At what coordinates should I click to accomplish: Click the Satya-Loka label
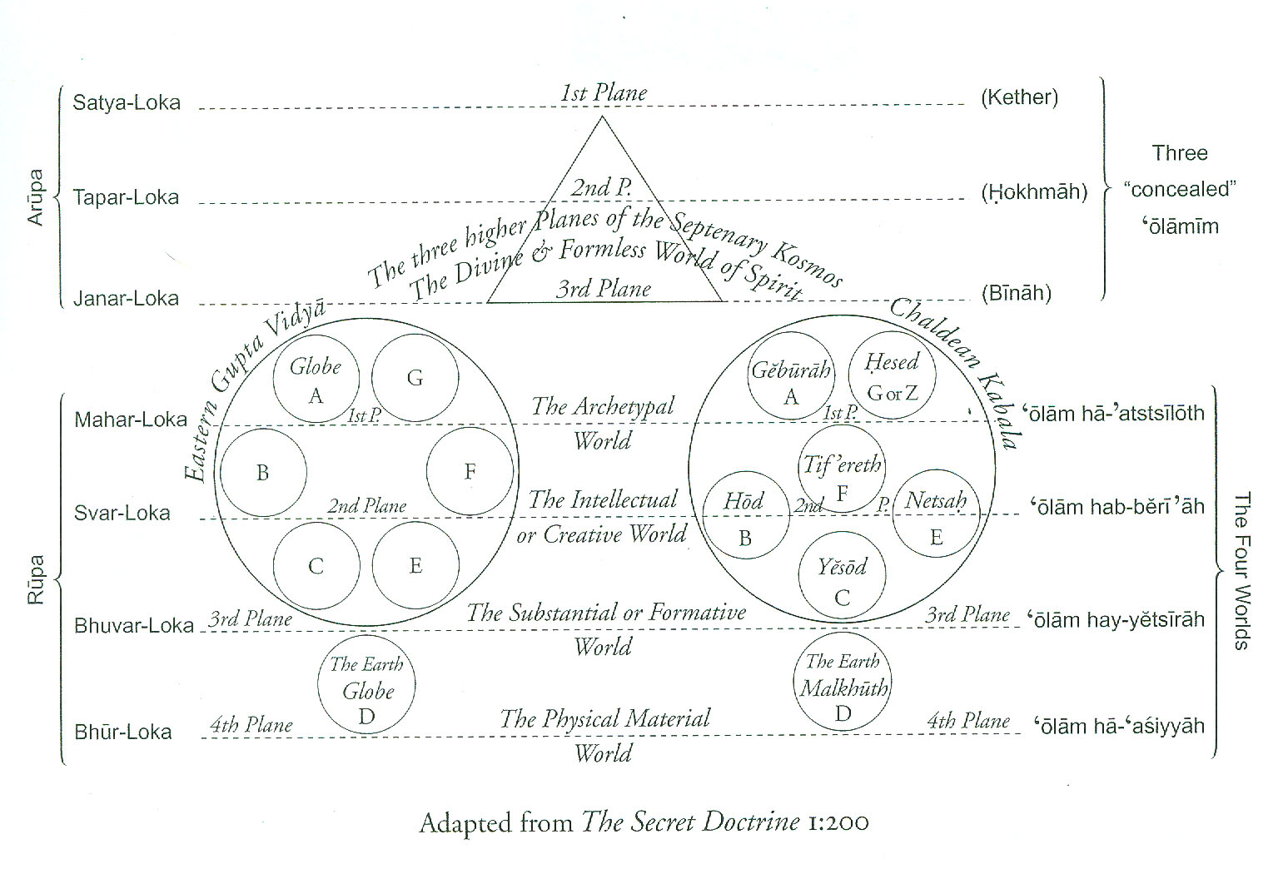tap(127, 103)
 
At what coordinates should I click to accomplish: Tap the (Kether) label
tap(1019, 97)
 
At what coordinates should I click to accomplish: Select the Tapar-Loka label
tap(126, 198)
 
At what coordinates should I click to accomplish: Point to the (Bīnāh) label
tap(1016, 293)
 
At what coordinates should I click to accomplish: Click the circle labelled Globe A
tap(316, 379)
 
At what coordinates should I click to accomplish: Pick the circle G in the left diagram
tap(415, 379)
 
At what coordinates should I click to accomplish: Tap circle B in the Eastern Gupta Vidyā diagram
tap(263, 473)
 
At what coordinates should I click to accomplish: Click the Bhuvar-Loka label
tap(134, 626)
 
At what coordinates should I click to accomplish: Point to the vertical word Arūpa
tap(36, 197)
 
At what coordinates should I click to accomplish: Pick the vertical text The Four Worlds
tap(1241, 571)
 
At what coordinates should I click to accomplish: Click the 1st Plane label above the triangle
tap(604, 93)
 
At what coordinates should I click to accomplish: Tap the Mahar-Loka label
tap(131, 420)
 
